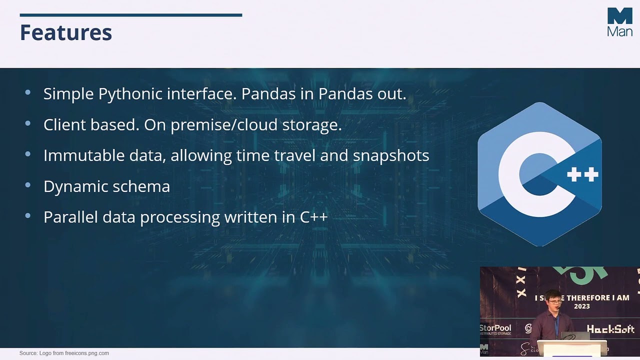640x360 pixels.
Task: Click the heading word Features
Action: [65, 32]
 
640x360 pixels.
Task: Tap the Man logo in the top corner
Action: [619, 22]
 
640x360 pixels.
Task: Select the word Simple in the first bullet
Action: [68, 94]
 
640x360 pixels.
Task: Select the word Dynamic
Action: [75, 186]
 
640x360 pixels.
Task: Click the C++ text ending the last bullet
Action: [313, 217]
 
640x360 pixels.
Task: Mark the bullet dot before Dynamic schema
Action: [27, 185]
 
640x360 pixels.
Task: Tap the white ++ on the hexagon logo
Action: [582, 174]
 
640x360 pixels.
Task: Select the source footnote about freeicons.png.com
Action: [64, 353]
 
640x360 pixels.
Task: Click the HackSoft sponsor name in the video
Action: [610, 329]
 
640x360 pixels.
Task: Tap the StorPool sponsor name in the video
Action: [495, 328]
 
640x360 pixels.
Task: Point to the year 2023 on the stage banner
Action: [581, 306]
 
